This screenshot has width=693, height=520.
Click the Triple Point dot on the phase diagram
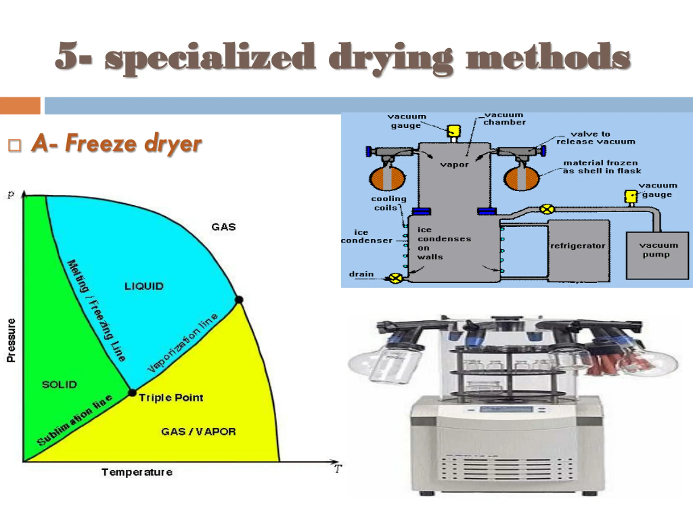tap(133, 392)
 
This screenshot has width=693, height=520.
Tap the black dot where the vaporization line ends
tap(239, 300)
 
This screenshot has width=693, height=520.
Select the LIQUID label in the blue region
tap(144, 286)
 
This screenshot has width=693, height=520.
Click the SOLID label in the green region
tap(59, 385)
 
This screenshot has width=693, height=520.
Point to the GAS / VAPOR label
tap(198, 432)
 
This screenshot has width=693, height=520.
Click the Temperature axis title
tap(137, 472)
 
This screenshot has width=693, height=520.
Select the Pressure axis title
tap(11, 340)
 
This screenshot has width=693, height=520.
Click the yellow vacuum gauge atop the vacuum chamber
tap(453, 131)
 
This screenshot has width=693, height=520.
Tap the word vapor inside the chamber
tap(454, 165)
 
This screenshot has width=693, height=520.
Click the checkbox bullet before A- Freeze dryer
tap(15, 146)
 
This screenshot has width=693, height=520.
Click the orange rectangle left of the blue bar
tap(20, 106)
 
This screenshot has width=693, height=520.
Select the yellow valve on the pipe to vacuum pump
tap(547, 209)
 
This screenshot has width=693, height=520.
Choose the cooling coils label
tap(388, 203)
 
